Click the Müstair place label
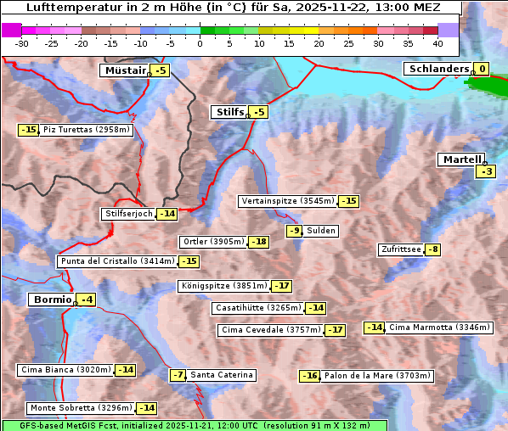coord(124,70)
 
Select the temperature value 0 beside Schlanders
coord(482,69)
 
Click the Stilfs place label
coord(229,112)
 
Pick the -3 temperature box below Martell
coord(485,171)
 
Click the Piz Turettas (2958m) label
coord(86,130)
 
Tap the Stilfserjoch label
coord(128,214)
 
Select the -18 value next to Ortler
coord(259,242)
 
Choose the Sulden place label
coord(321,231)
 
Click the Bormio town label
coord(51,299)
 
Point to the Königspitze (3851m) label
coord(223,286)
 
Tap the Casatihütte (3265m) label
coord(257,307)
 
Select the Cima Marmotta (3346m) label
coord(439,327)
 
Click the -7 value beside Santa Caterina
coord(178,375)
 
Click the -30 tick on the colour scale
coord(22,42)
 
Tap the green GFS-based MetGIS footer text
coord(194,425)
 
